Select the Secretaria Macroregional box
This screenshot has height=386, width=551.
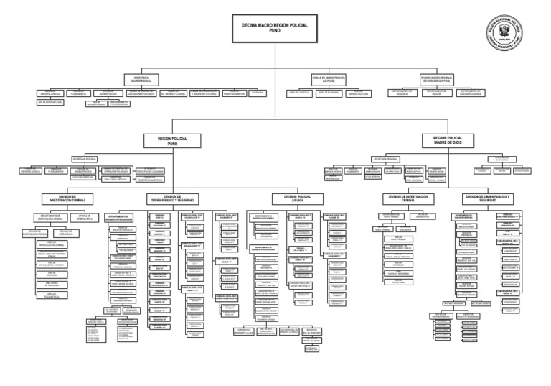(x=141, y=76)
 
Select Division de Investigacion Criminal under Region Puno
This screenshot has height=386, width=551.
(x=64, y=198)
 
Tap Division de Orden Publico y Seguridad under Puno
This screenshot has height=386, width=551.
(x=171, y=198)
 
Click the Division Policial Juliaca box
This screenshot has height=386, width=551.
(x=293, y=198)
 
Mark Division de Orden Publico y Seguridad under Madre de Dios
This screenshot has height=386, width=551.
(x=492, y=198)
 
